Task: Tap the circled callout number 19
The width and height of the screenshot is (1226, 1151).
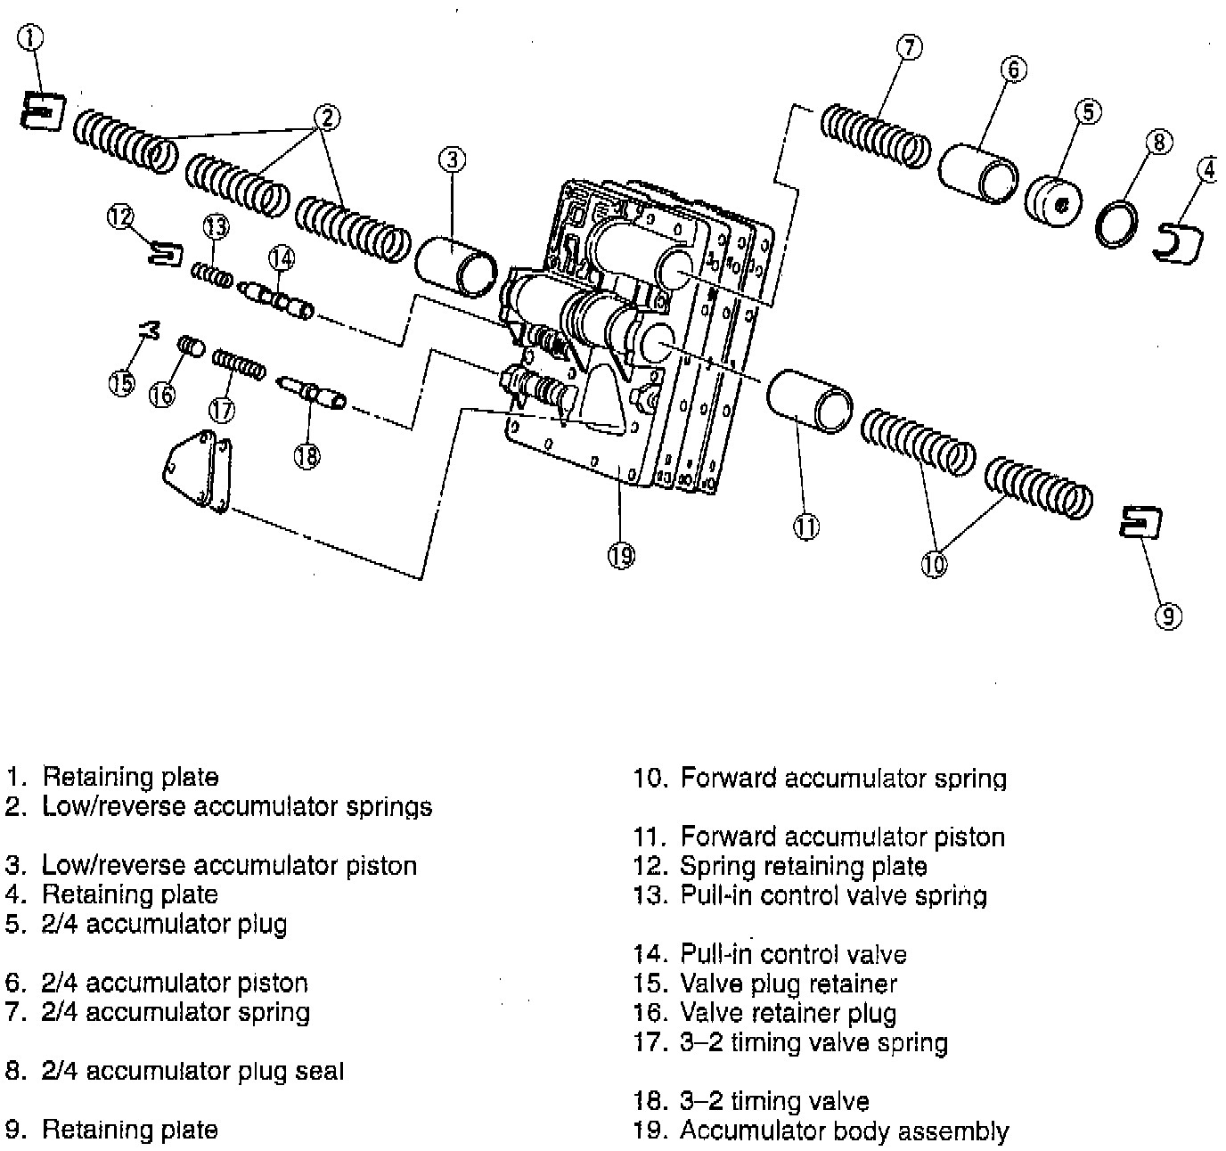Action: click(621, 556)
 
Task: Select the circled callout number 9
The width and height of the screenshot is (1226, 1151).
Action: click(1168, 616)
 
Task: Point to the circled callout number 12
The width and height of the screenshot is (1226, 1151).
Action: click(120, 216)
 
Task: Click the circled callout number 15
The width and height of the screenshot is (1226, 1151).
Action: click(121, 384)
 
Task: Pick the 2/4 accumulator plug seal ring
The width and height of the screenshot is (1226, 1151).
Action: click(1118, 225)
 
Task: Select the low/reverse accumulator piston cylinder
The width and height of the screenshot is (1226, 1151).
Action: click(458, 264)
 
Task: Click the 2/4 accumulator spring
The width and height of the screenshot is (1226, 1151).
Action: click(875, 136)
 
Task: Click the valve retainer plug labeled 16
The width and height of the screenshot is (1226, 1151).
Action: click(191, 346)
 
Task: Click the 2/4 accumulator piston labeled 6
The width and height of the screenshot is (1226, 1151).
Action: click(977, 171)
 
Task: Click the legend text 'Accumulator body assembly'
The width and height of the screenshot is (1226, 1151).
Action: click(844, 1131)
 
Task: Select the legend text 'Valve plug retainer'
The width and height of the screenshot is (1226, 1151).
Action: click(788, 984)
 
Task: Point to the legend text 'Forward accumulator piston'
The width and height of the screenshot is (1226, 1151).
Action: click(842, 837)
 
